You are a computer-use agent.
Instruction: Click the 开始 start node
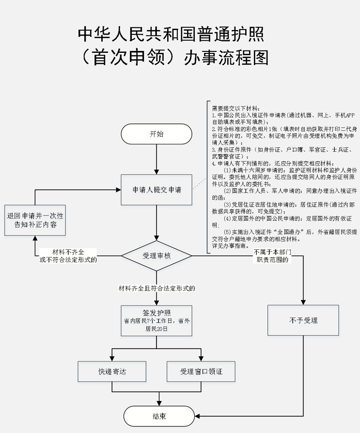pos(157,134)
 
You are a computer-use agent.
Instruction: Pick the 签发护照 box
pos(157,320)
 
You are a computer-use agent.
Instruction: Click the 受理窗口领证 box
pos(201,371)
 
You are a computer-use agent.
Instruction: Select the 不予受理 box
pos(303,320)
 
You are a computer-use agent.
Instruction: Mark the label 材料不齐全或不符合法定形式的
pos(68,256)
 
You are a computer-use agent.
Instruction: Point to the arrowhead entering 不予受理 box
pos(303,302)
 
